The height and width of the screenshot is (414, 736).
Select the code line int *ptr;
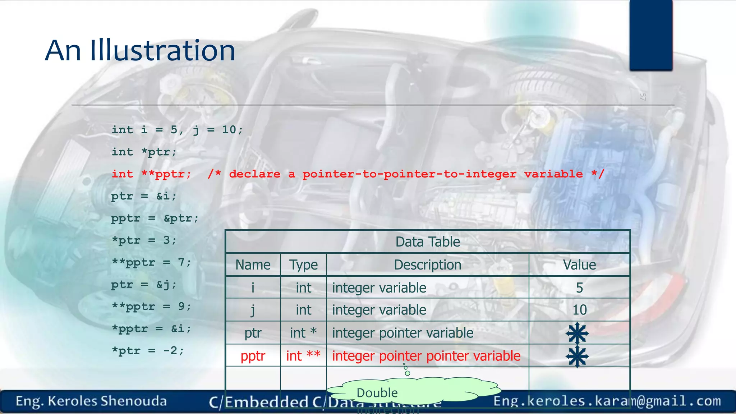(x=144, y=152)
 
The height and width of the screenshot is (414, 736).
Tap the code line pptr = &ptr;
(x=155, y=218)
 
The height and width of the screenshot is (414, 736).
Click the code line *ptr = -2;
(x=148, y=351)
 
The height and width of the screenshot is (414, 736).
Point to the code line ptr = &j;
(x=144, y=285)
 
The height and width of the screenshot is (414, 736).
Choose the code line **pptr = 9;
(x=151, y=307)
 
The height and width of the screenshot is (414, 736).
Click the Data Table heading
(x=427, y=242)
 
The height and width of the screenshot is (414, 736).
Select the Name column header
(x=253, y=265)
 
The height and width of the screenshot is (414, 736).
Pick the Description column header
(x=427, y=265)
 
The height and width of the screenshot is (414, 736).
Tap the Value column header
(x=579, y=265)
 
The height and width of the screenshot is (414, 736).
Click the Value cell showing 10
(x=579, y=310)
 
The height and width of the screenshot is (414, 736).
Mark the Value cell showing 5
(x=579, y=288)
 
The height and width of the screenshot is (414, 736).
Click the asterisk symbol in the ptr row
(x=577, y=333)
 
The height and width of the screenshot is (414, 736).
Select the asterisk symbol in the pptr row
(x=577, y=356)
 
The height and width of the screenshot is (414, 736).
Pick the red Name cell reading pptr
(x=253, y=356)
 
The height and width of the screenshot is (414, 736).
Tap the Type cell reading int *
(x=303, y=333)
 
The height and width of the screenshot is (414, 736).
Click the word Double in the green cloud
(x=377, y=393)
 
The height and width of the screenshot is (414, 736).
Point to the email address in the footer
(x=607, y=401)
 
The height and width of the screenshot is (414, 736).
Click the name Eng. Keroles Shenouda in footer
(x=91, y=401)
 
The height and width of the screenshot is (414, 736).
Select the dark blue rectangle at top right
(x=651, y=35)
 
